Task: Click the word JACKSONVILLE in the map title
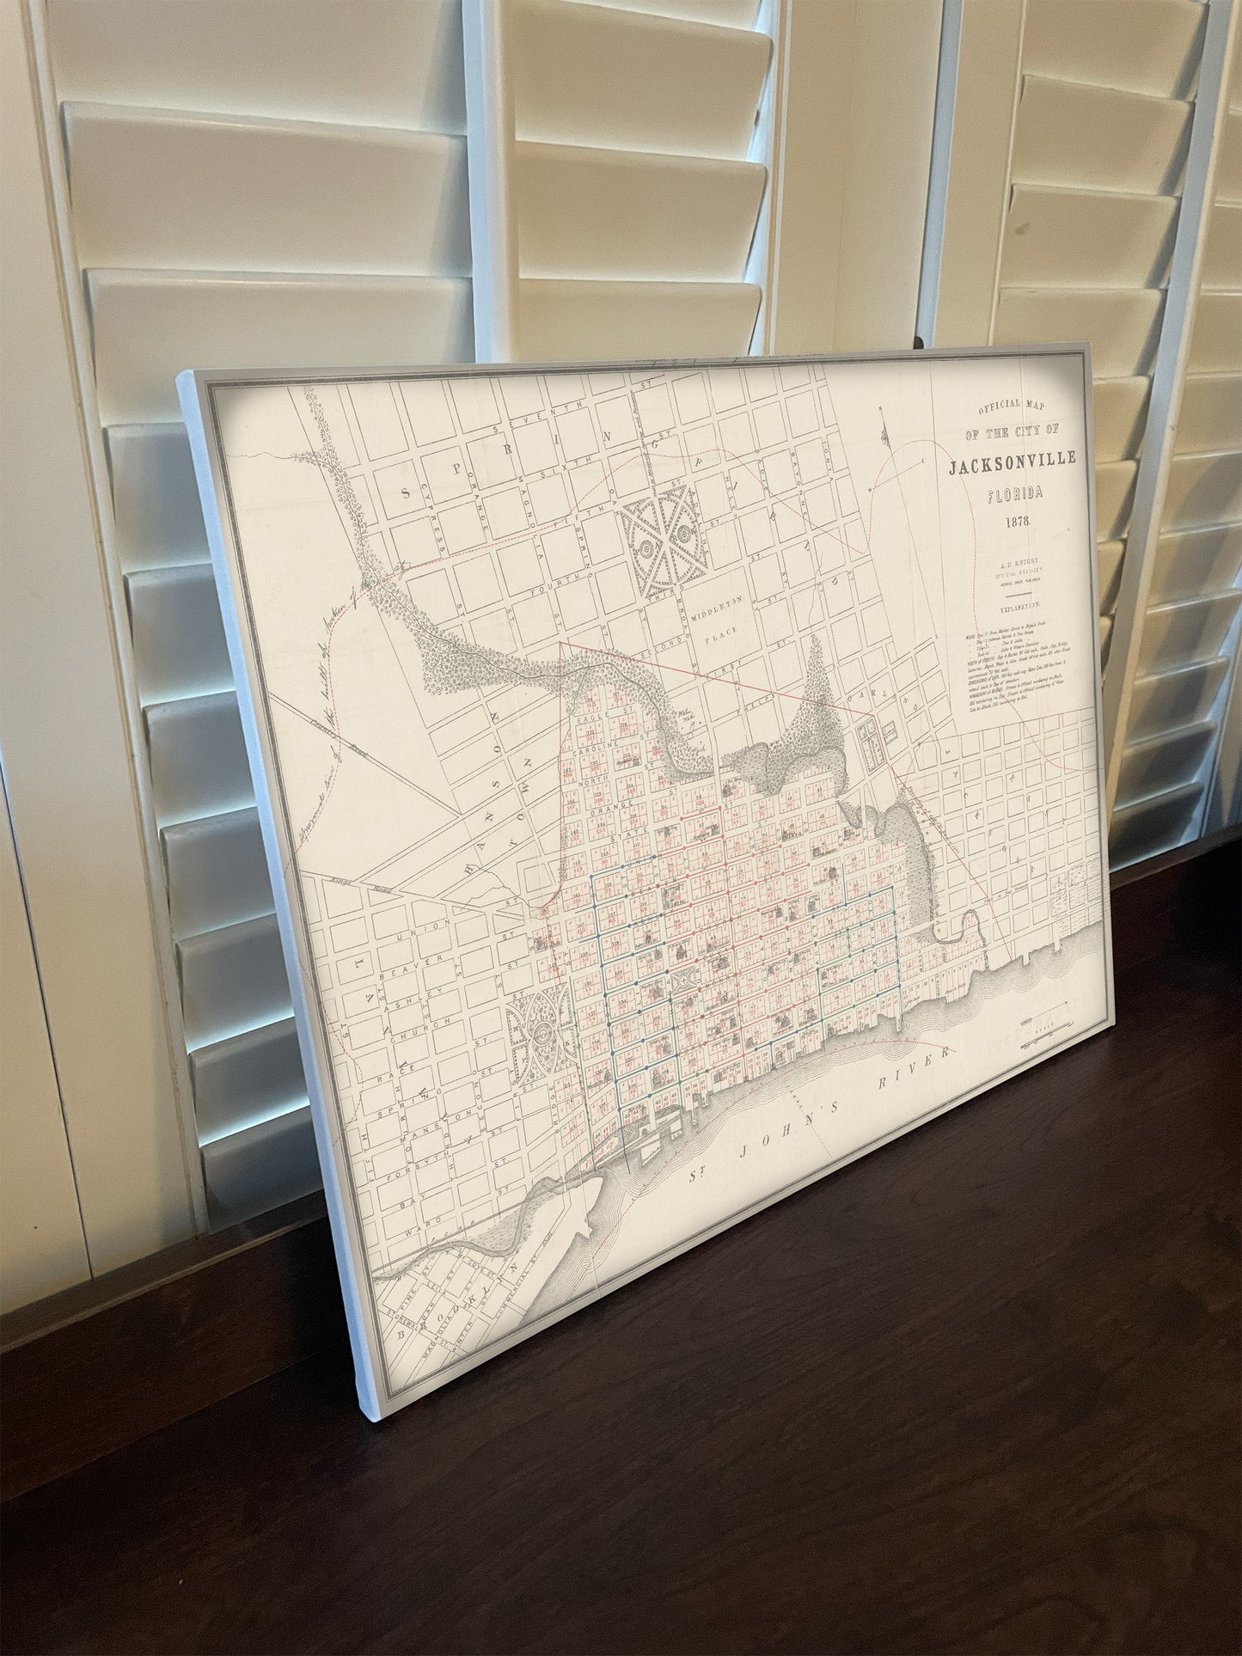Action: coord(1013,465)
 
